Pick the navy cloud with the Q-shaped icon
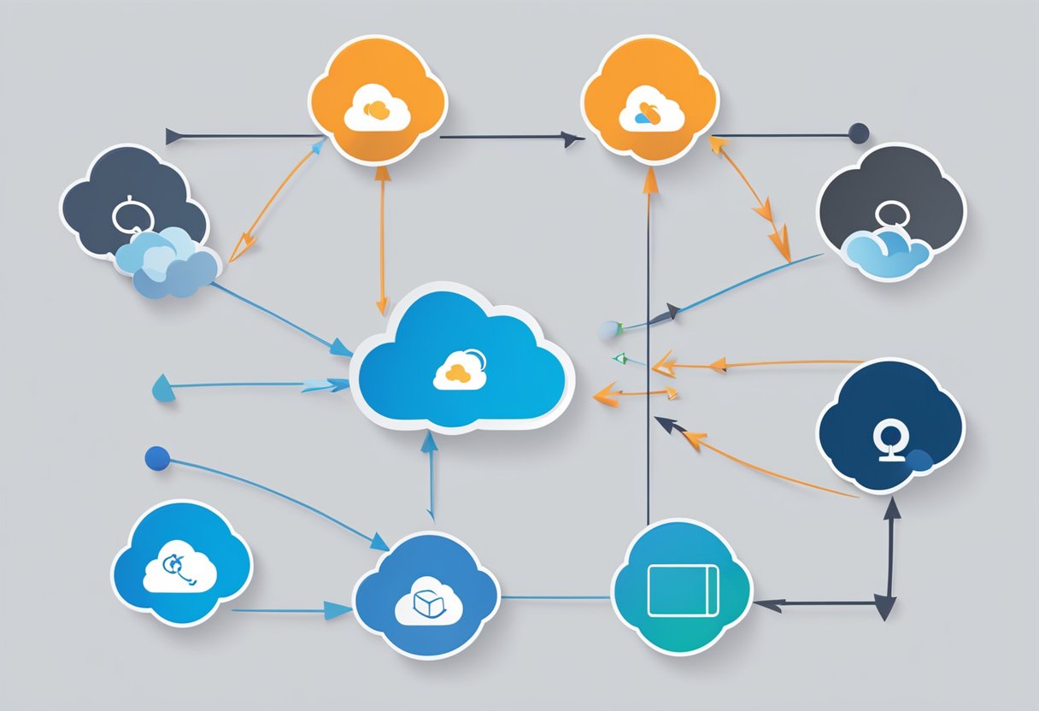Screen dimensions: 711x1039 (x=891, y=426)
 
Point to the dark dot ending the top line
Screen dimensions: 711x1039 (x=858, y=133)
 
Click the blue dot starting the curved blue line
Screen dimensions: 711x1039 (x=157, y=459)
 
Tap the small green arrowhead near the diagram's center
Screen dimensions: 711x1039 (x=621, y=359)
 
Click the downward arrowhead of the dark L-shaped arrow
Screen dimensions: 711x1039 (x=887, y=608)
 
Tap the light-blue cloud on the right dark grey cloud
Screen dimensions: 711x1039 (x=885, y=250)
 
